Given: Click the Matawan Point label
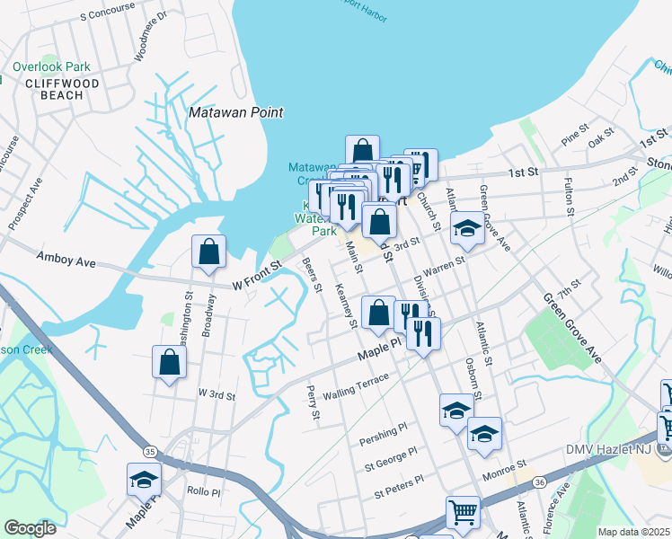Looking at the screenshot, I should pyautogui.click(x=236, y=112).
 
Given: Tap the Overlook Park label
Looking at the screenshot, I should pyautogui.click(x=52, y=66).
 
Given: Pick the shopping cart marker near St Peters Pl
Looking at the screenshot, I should pyautogui.click(x=463, y=513).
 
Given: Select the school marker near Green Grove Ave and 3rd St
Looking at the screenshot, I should pyautogui.click(x=467, y=230).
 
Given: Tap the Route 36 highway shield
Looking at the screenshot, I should pyautogui.click(x=538, y=482).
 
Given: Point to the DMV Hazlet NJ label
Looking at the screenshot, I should pyautogui.click(x=615, y=449).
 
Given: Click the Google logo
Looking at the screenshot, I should pyautogui.click(x=30, y=527).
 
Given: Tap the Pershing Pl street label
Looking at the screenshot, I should pyautogui.click(x=383, y=435).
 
